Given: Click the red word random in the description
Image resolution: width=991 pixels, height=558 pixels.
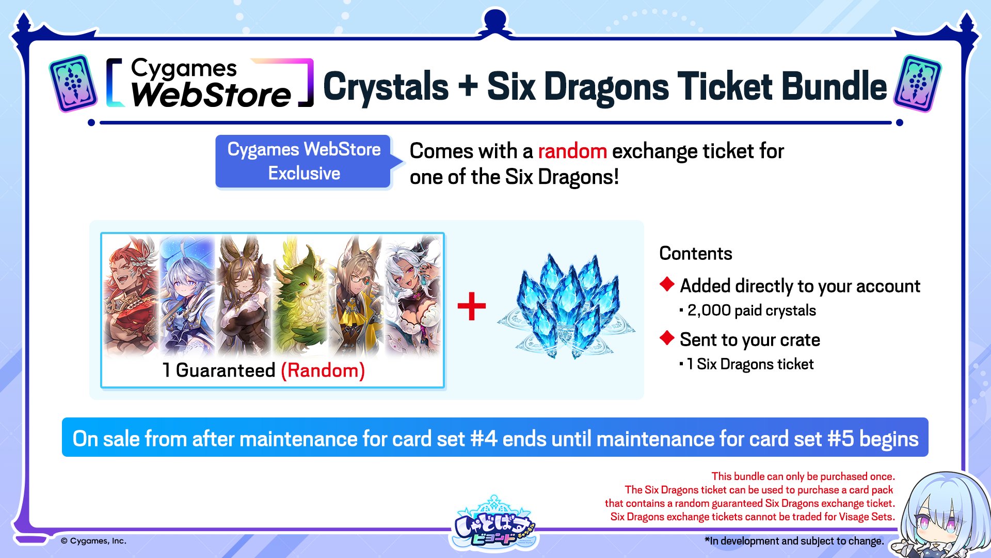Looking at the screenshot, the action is [572, 151].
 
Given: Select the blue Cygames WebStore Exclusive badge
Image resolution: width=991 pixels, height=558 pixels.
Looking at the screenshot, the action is [305, 161].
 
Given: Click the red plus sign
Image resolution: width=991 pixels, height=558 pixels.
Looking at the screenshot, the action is [472, 306].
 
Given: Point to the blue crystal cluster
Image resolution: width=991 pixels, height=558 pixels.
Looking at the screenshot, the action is [566, 306].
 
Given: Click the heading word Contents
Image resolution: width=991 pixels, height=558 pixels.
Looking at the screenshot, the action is [696, 253].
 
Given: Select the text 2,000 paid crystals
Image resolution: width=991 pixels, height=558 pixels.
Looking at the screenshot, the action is [752, 311].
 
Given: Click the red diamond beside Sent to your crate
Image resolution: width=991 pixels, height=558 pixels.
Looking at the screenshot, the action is [667, 338].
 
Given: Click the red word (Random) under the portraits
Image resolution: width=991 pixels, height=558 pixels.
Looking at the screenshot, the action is [323, 370].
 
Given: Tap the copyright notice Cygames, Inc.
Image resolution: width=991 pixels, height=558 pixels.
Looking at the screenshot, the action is [93, 541].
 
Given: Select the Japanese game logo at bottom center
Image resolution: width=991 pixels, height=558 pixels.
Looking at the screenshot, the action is [494, 523].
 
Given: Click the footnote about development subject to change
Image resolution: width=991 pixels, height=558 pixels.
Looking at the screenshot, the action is [794, 541].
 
